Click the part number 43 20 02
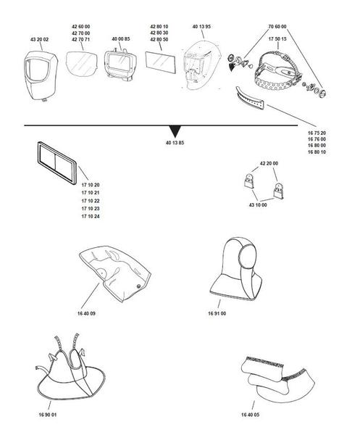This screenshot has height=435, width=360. (x=40, y=38)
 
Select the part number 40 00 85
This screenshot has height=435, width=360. (x=121, y=38)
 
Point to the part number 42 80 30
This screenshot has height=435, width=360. (x=159, y=32)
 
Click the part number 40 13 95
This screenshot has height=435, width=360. (x=202, y=27)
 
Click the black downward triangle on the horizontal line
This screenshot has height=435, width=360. (x=175, y=130)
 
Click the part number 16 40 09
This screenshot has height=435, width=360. (x=86, y=312)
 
